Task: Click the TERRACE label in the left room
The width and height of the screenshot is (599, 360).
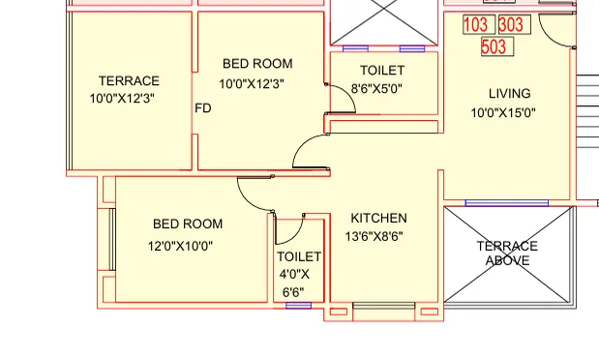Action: tap(129, 81)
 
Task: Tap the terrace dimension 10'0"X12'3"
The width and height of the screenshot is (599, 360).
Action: tap(123, 99)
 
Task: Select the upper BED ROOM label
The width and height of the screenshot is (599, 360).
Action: tap(256, 64)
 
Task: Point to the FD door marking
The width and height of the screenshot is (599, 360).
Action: tap(203, 108)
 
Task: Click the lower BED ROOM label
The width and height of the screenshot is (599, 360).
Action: tap(188, 225)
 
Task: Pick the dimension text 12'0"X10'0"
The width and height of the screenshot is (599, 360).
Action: tap(180, 246)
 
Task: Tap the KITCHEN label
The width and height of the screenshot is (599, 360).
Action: tap(378, 218)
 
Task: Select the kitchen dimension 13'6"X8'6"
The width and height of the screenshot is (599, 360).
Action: tap(375, 236)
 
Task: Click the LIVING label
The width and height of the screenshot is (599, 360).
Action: tap(509, 94)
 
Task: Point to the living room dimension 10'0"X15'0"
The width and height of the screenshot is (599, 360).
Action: tap(503, 113)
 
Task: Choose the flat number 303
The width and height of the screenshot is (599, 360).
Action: tap(510, 24)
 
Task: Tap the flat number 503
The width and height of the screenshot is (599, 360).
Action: tap(494, 45)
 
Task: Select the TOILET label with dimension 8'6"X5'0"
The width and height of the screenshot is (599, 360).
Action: tap(382, 71)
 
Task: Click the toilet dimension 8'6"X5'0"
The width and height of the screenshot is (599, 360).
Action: tap(376, 88)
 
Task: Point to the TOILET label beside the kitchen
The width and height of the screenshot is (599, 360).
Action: tap(299, 256)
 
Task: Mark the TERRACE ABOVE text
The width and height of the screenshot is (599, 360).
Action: tap(508, 253)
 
